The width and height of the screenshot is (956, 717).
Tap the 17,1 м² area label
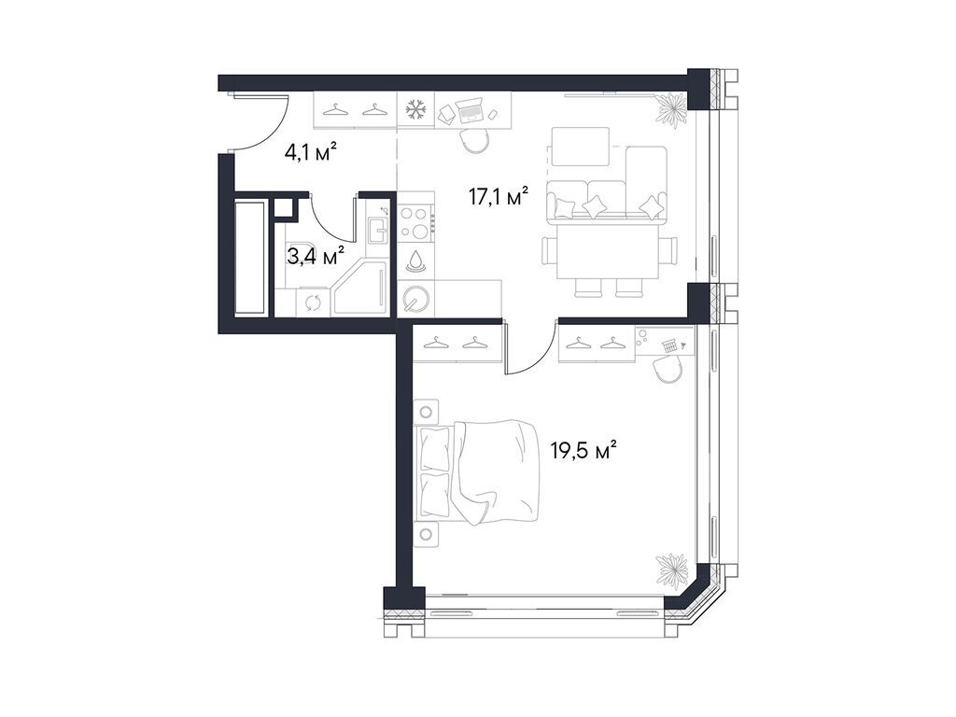[x=498, y=197]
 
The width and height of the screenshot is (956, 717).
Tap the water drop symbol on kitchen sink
[x=416, y=260]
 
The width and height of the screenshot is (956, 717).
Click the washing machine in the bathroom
[x=312, y=302]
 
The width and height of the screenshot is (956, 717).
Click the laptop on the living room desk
[x=470, y=110]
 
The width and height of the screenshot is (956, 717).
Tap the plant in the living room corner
[x=669, y=110]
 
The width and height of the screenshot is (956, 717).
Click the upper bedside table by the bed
[x=428, y=411]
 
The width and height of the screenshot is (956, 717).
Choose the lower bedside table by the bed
[x=428, y=534]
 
